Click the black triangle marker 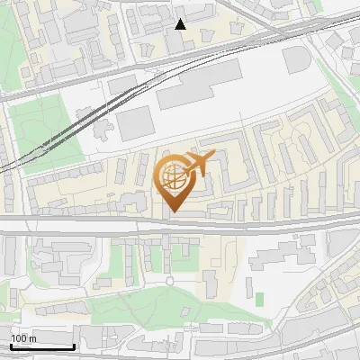point(181,23)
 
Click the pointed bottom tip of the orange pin point(175,211)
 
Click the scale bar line point(42,346)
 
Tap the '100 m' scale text point(23,338)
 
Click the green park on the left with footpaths point(45,126)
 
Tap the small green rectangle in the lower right point(259,298)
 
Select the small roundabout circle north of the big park point(169,281)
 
